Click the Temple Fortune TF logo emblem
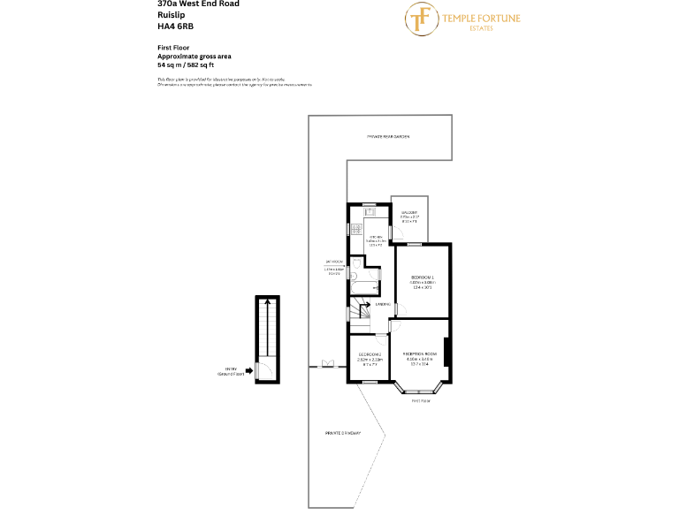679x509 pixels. coord(423,18)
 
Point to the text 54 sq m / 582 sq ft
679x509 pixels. coord(186,65)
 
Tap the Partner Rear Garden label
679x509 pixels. coord(389,137)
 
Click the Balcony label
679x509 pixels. coord(408,213)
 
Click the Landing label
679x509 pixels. coord(383,305)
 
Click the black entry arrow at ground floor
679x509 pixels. coord(249,370)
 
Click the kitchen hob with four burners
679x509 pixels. coord(357,228)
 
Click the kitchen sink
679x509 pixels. coord(370,212)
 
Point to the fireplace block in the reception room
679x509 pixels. coord(447,351)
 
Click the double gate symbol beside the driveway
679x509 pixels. coord(328,363)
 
